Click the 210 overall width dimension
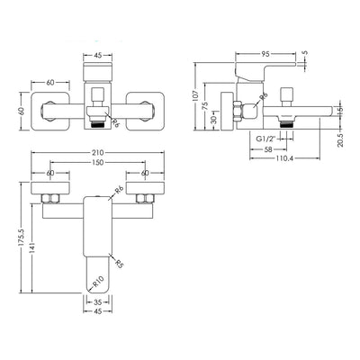coord(98,153)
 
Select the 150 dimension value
coord(98,162)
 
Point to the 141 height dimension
coord(33,247)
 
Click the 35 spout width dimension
coord(98,301)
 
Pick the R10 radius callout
coord(98,282)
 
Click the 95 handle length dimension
coord(265,54)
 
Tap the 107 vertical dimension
coord(196,95)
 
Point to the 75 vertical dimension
coord(206,106)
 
